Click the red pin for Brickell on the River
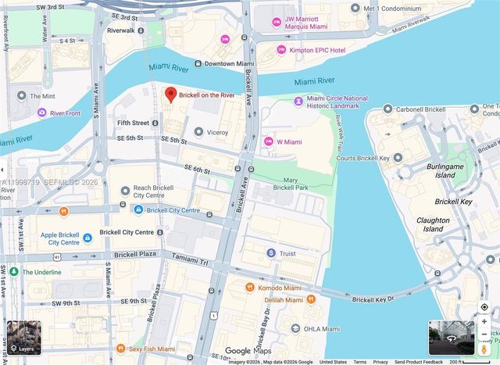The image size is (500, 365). pos(170,95)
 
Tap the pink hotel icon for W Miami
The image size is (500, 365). pos(269,141)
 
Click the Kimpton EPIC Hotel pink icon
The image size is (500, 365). pos(281,50)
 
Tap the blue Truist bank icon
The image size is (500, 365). pos(270,252)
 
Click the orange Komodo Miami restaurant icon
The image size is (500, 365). pos(250,288)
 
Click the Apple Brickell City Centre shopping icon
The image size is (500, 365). pos(87,238)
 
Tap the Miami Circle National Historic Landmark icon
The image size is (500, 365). pos(298,101)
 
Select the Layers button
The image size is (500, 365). pos(22,338)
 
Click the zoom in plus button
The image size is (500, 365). pos(484,321)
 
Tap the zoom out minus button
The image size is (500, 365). pos(484,335)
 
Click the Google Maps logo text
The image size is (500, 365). pos(249,351)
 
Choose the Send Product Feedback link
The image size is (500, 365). pos(418,362)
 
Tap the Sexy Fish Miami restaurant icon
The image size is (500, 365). pos(120,348)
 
